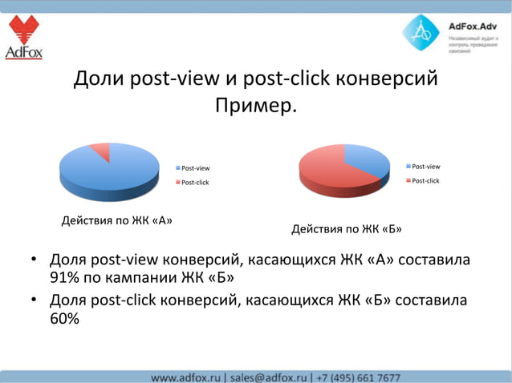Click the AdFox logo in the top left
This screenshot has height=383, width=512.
click(23, 38)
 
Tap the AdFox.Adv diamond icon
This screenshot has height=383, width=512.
click(421, 34)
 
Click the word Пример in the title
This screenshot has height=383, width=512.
click(255, 105)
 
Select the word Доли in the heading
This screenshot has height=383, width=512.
click(97, 79)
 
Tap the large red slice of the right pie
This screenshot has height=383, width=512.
click(325, 168)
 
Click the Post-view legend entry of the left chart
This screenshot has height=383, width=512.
click(193, 168)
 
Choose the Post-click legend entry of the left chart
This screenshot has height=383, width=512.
click(193, 183)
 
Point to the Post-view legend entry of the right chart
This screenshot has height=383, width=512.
click(423, 167)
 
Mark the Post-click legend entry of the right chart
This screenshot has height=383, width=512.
click(423, 181)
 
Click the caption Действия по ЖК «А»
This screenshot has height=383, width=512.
click(117, 220)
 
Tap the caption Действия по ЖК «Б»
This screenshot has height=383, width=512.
click(347, 230)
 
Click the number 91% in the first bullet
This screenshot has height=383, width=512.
click(65, 278)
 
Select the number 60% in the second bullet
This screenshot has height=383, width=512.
click(65, 318)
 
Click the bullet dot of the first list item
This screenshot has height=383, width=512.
click(35, 261)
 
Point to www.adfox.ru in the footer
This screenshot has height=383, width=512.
click(187, 377)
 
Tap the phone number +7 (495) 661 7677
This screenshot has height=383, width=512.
click(358, 377)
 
